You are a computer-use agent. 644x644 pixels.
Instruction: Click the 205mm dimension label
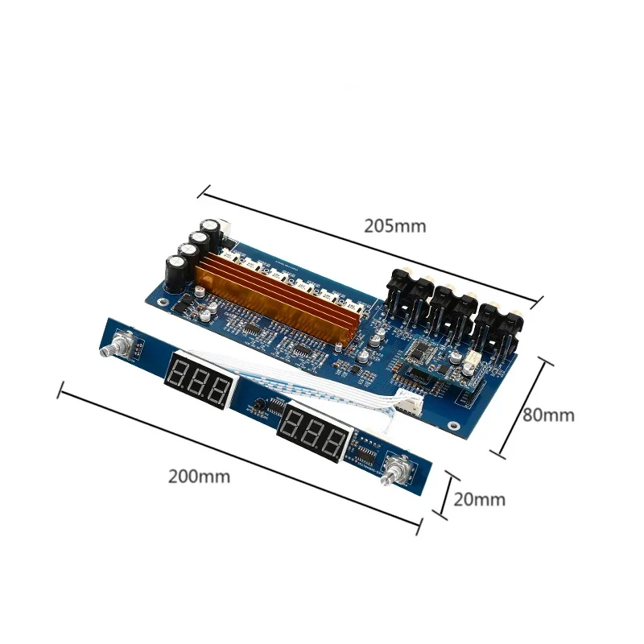tap(394, 226)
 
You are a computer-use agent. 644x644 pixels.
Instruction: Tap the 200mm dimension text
tap(199, 476)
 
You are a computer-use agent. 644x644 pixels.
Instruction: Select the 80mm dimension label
tap(548, 415)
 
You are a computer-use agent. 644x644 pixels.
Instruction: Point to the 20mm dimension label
tap(480, 499)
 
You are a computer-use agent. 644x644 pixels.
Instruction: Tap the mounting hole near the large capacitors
tap(165, 303)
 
